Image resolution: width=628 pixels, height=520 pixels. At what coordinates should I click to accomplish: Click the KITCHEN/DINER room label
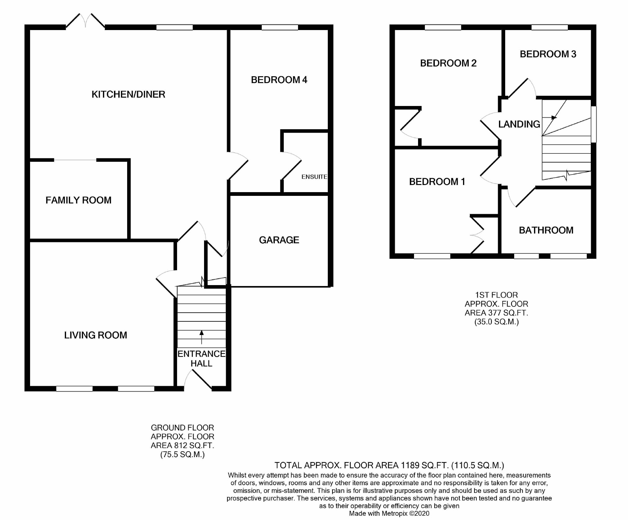point(128,94)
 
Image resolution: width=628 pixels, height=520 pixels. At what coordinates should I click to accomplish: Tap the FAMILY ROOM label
point(78,200)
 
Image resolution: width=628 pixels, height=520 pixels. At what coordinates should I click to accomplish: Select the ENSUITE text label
point(314,177)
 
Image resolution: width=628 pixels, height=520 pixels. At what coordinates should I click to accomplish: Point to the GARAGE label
point(279,240)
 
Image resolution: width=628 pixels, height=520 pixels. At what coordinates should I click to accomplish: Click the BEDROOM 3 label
point(548,54)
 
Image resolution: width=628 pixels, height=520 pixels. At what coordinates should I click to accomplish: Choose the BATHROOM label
point(546,230)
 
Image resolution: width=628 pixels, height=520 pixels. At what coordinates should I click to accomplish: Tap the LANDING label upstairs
point(519,124)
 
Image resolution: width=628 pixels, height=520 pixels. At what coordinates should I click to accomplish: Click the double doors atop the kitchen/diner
point(85,21)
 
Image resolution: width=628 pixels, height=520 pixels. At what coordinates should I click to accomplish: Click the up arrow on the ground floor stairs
point(202,337)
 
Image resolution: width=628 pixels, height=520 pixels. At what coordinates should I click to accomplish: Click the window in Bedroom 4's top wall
point(279,27)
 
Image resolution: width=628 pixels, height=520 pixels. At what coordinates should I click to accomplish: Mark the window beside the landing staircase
point(593,124)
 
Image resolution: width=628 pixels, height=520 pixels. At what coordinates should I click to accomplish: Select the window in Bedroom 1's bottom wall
point(432,256)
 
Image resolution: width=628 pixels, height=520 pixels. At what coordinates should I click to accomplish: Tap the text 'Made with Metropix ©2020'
point(389,513)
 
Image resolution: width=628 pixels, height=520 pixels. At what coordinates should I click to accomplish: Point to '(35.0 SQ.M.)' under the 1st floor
point(496,322)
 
